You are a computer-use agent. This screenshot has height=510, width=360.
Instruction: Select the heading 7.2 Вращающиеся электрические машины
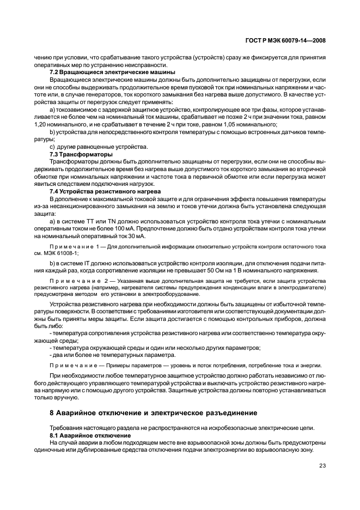(x=112, y=72)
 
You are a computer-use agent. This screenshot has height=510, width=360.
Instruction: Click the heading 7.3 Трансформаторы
(x=77, y=154)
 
